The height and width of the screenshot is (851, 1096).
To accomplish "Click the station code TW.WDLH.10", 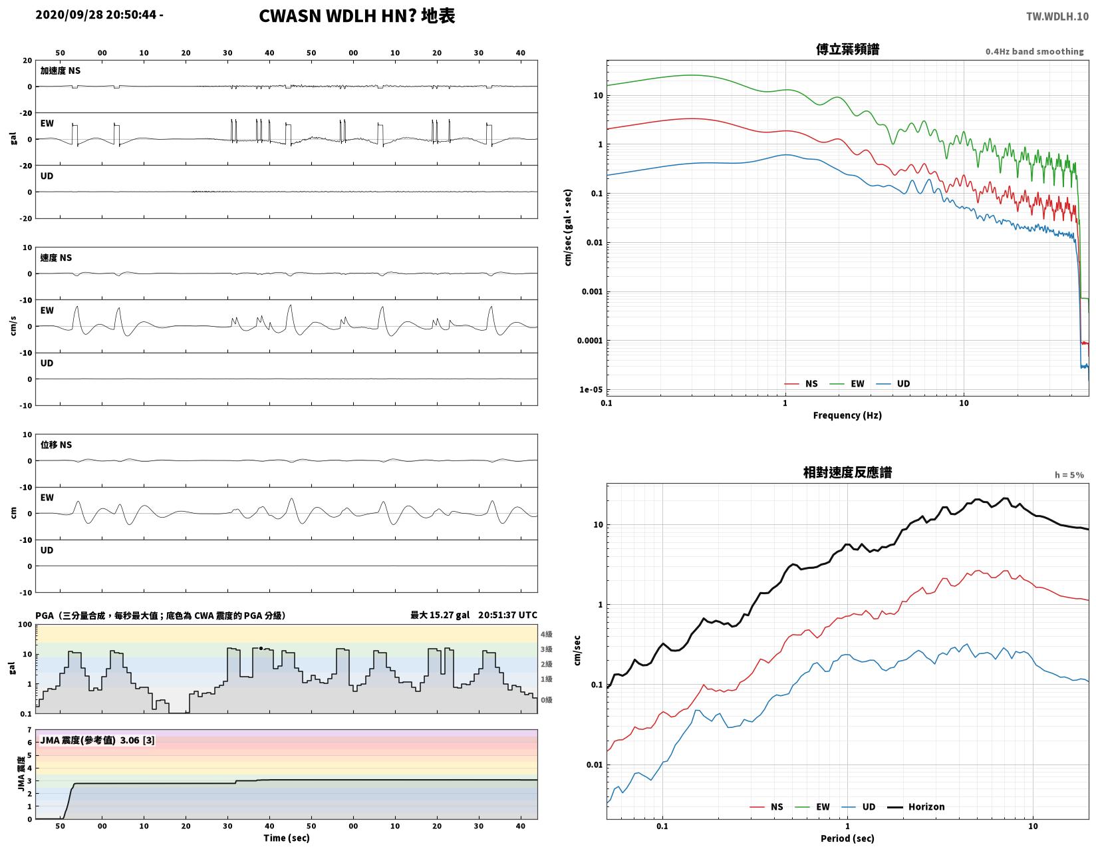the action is [1057, 16].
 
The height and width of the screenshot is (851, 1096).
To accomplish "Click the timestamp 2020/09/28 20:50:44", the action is [96, 15].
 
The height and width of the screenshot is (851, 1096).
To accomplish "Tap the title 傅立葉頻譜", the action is [847, 49].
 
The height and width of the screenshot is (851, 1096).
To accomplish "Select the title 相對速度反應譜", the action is [847, 472].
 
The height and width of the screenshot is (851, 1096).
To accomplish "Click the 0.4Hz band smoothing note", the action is [1034, 51].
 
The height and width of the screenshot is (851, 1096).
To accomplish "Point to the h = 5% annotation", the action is [1069, 474].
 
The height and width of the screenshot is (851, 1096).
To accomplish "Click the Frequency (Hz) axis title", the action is [847, 415].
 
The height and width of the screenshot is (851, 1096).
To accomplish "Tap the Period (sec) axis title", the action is [847, 838].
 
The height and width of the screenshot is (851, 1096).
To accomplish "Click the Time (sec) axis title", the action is [286, 838].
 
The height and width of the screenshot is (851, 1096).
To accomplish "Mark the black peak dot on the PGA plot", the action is [261, 648].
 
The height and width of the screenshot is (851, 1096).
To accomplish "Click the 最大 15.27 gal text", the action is [440, 615].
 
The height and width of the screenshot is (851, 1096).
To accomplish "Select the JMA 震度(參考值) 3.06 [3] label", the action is [97, 740].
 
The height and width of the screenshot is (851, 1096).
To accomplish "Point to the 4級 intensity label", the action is [546, 634].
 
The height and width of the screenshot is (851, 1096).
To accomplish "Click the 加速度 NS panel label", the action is [60, 71].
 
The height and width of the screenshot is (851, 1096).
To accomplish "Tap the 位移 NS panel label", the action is [56, 444].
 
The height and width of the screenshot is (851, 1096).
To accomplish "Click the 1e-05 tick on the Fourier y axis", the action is [591, 389].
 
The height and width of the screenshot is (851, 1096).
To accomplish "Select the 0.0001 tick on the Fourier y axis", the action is [590, 341].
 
